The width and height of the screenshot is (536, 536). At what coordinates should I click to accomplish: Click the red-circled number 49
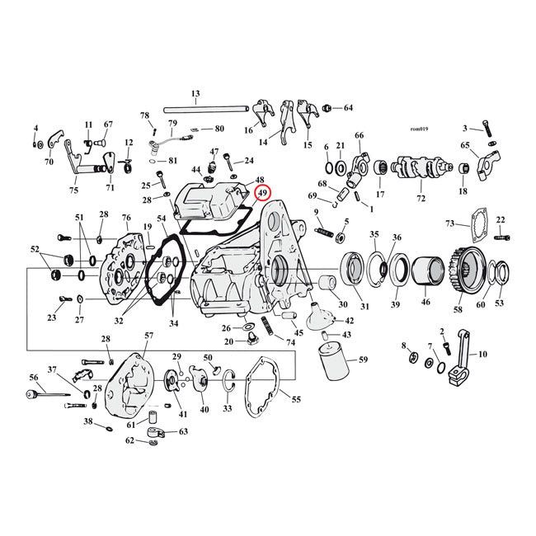pos(263,193)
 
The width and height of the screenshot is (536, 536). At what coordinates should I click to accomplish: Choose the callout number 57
pos(148,336)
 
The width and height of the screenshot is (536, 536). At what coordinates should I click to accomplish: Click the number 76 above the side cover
pos(126,217)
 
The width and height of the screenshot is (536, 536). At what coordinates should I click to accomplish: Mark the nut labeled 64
pos(328,108)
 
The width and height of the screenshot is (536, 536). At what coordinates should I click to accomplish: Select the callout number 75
pos(74,190)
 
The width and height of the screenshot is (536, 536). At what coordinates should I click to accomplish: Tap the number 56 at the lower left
pos(34,377)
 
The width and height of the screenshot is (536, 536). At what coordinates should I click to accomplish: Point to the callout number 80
pos(219,129)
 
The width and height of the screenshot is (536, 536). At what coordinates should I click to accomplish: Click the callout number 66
pos(359,135)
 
